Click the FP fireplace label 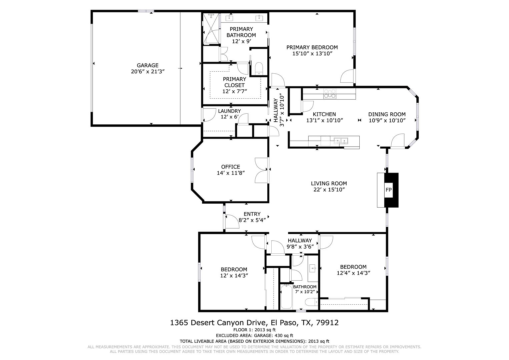point(389,190)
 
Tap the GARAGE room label point(147,65)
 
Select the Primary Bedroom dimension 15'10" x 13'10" point(312,54)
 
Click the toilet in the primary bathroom point(259,69)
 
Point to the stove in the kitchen point(330,94)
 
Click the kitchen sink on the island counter point(341,141)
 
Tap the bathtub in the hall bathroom point(286,297)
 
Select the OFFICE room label point(230,167)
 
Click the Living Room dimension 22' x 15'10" point(329,190)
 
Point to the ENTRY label point(252,214)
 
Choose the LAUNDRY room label point(229,111)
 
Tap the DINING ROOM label point(387,114)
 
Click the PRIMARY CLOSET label point(235,82)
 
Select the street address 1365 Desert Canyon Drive point(218,323)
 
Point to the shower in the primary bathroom point(211,28)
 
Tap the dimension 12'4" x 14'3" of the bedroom point(353,273)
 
